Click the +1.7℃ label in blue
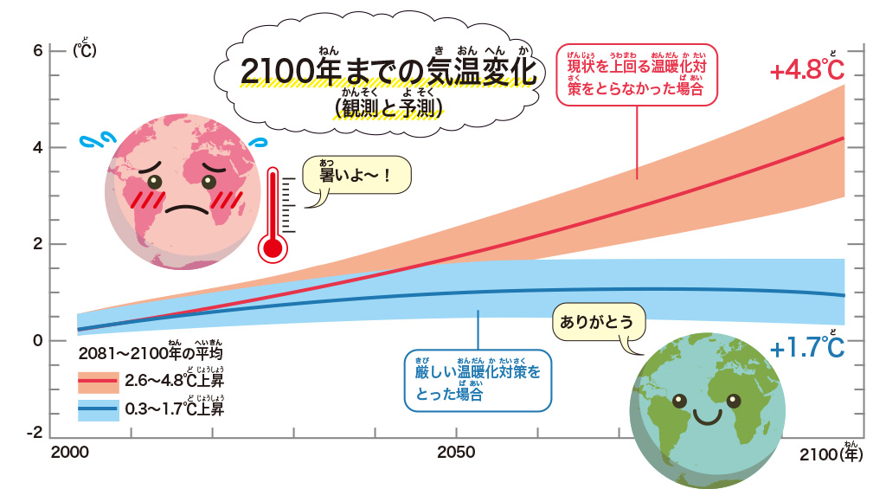tap(806, 348)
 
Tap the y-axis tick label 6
tap(37, 49)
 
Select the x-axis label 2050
tap(456, 453)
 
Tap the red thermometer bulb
tap(273, 248)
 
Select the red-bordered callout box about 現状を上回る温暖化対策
tap(635, 74)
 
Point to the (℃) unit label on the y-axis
tap(85, 50)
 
